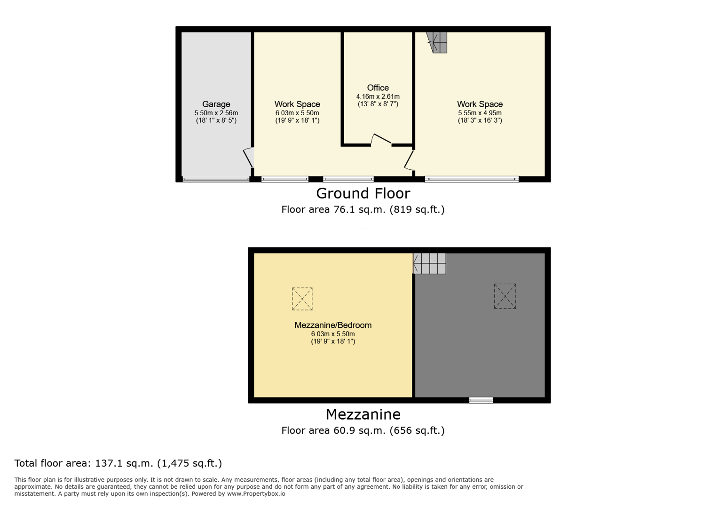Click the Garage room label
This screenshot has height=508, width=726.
216,104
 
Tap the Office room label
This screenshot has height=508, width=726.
378,87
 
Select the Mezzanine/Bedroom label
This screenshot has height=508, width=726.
333,325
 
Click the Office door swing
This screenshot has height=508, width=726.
381,139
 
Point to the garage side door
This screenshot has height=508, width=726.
249,158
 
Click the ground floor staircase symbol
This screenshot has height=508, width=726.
437,42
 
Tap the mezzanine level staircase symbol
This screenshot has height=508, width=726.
429,263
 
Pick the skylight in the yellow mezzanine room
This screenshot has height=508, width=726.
302,299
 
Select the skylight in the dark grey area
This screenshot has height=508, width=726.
505,296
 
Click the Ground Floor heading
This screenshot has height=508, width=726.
363,193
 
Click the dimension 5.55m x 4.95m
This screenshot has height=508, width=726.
480,113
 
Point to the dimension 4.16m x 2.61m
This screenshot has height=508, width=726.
378,96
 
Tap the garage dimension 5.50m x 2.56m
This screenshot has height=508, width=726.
216,113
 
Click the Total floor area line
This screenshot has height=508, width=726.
118,463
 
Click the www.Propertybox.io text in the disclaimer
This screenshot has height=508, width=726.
256,494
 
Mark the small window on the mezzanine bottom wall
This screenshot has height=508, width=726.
481,400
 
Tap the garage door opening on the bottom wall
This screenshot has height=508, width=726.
216,179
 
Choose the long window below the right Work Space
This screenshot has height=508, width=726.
472,179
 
